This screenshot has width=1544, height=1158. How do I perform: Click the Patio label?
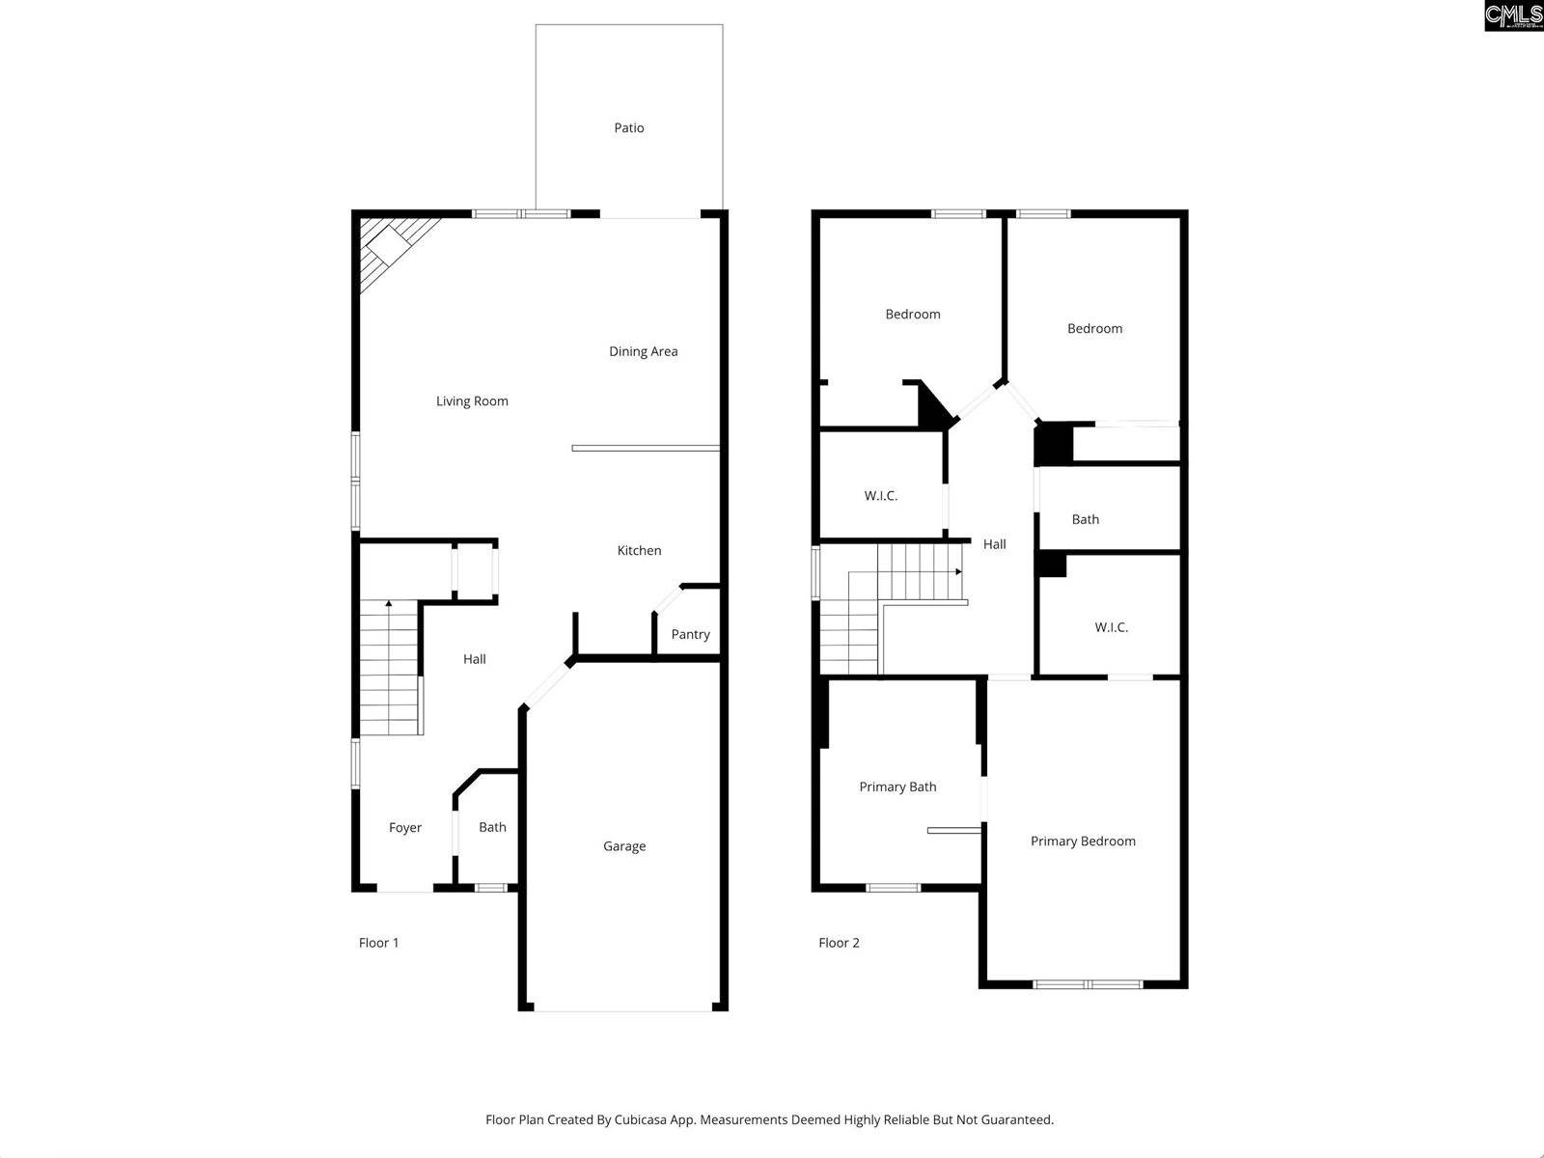(629, 127)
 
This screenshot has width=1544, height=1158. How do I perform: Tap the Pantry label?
(690, 634)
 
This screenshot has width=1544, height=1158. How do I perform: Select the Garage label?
(624, 846)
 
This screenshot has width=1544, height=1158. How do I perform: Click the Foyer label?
(405, 828)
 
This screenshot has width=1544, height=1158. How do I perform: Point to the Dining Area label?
(643, 351)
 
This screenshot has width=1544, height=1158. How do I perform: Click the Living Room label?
(472, 401)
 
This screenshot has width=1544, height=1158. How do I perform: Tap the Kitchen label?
(639, 550)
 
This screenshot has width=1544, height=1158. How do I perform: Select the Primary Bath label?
(897, 786)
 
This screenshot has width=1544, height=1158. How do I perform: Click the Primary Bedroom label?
(1083, 841)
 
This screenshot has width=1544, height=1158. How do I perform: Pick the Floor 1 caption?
(378, 943)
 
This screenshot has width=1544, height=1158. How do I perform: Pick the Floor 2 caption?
(839, 943)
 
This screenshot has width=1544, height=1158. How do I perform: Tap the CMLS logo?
(1512, 15)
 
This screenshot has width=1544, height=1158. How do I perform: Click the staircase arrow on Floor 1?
(389, 604)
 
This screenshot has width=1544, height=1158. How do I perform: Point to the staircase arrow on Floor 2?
(958, 571)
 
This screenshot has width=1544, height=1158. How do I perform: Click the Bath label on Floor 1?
(492, 827)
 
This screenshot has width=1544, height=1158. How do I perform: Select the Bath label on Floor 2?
(1085, 519)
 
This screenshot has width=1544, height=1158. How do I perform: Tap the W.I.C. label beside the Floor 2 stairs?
(880, 496)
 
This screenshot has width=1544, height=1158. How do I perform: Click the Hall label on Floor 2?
(994, 544)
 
